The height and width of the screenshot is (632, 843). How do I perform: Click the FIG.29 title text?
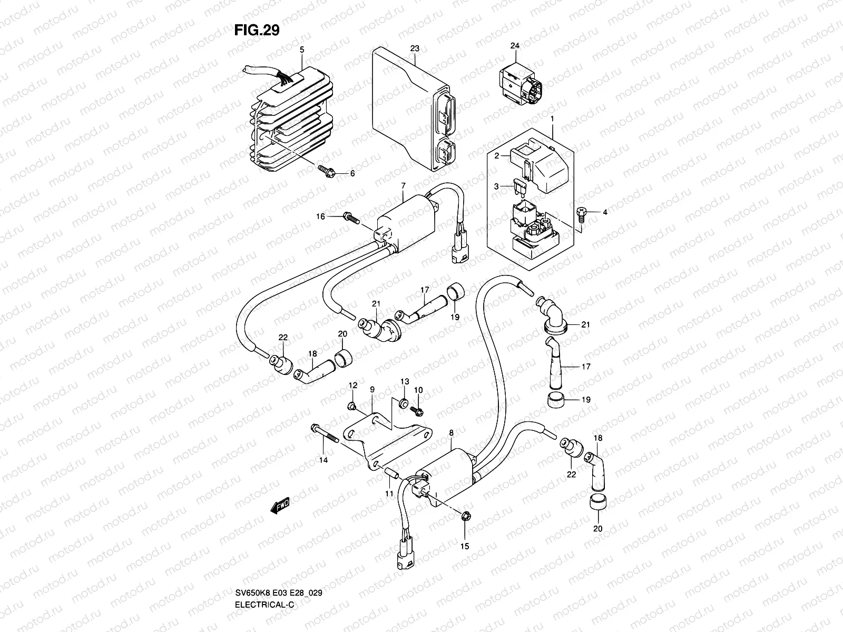[x=257, y=31]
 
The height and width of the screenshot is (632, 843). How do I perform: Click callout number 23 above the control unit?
[x=415, y=48]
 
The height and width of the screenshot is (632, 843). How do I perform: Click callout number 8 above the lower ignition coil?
[x=452, y=432]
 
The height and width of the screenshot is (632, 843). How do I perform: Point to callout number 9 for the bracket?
[x=372, y=389]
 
